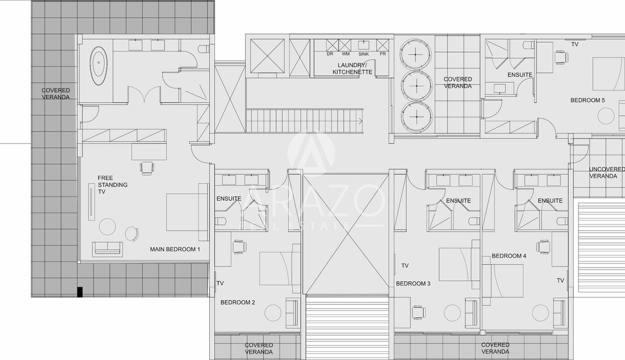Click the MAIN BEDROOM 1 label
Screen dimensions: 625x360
(x=175, y=249)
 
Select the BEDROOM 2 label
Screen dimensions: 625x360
(x=238, y=302)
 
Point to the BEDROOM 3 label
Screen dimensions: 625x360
(x=413, y=284)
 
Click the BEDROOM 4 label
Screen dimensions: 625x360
(x=509, y=256)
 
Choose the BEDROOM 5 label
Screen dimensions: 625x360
(x=587, y=100)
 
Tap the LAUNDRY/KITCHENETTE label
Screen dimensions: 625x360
(x=352, y=68)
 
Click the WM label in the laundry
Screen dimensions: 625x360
(x=345, y=54)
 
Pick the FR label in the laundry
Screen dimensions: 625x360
(x=382, y=54)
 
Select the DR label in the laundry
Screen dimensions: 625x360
(x=329, y=54)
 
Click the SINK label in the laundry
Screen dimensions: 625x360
(x=363, y=54)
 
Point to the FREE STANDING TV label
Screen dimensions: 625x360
(x=112, y=185)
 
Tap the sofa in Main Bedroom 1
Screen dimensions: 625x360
(x=107, y=249)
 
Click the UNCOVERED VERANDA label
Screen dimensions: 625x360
(x=606, y=173)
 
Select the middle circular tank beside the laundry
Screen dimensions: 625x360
(x=416, y=86)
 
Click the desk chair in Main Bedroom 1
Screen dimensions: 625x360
(x=147, y=168)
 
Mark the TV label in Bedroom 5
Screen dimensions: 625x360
(x=574, y=44)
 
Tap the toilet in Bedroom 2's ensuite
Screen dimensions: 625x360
(x=221, y=221)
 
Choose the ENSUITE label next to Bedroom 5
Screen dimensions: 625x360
(x=520, y=75)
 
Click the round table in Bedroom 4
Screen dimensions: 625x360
(x=540, y=312)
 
